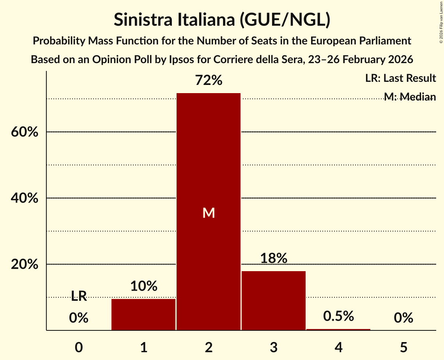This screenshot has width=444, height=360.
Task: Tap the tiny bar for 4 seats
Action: (338, 330)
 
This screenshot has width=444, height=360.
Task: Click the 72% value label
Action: (209, 81)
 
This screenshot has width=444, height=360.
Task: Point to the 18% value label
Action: (273, 258)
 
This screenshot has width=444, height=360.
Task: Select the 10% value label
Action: (143, 286)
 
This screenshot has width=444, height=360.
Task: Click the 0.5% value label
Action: (338, 316)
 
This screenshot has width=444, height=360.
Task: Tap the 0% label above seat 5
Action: (403, 318)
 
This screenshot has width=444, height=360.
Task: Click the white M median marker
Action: (209, 213)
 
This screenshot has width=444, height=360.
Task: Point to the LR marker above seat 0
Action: (79, 296)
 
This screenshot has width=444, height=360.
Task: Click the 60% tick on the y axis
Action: (24, 132)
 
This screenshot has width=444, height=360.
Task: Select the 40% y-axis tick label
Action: (24, 198)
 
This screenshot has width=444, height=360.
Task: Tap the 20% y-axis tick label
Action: (24, 265)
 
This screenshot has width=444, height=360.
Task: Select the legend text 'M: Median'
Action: (409, 96)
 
